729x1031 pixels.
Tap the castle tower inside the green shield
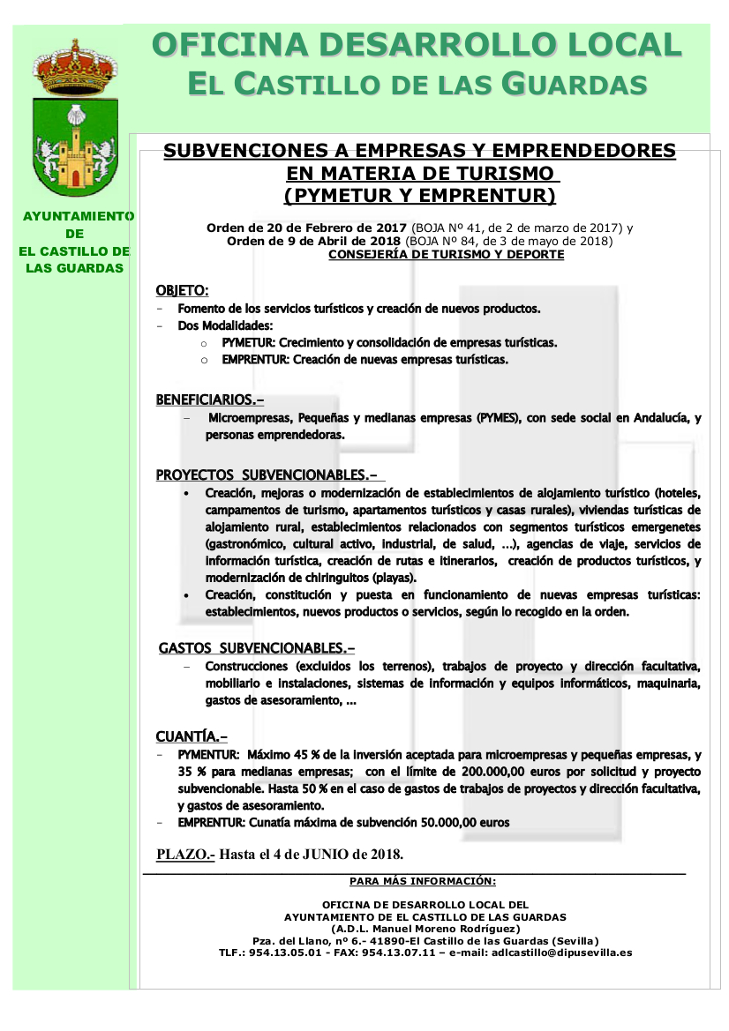click(x=76, y=154)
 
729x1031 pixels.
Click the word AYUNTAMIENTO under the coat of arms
click(x=77, y=216)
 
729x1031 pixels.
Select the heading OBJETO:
click(x=182, y=290)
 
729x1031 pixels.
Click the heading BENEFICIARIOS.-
click(x=210, y=400)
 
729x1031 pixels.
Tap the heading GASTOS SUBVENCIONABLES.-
click(x=257, y=648)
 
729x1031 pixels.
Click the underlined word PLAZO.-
click(x=185, y=854)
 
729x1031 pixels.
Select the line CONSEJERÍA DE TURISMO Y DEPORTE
click(x=446, y=255)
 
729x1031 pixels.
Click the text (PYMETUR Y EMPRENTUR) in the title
click(x=419, y=194)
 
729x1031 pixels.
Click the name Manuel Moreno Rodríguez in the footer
click(x=443, y=929)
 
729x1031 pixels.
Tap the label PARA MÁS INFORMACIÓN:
click(x=423, y=881)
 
